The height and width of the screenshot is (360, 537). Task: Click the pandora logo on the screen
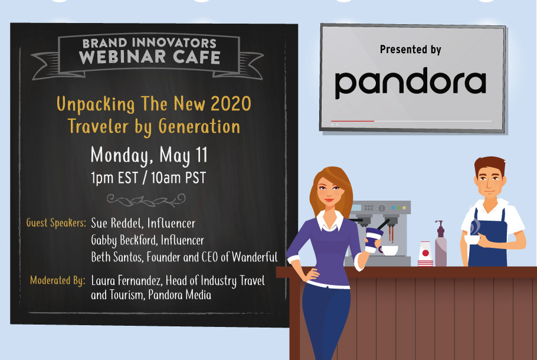point(410,83)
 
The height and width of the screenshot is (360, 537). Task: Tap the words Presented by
point(410,50)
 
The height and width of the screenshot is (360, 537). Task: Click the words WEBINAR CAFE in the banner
point(150,57)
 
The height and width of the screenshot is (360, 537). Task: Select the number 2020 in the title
point(231,103)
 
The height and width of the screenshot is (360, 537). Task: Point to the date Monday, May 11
point(149,155)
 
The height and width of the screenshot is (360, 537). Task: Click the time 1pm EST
point(114,178)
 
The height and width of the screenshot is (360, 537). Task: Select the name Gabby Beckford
point(123,240)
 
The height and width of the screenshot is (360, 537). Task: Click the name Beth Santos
point(116,257)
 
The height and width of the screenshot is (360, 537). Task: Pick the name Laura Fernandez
point(126,280)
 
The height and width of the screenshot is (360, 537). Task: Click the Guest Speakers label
point(56,222)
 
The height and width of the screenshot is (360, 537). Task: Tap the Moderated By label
point(58,280)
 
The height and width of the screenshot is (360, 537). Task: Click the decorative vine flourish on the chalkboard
point(146,200)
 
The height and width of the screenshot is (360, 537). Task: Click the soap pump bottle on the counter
point(441,244)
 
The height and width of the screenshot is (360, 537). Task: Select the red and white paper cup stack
point(425,254)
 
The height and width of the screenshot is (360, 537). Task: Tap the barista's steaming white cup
point(473,239)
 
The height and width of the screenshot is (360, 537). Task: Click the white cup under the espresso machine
point(389,250)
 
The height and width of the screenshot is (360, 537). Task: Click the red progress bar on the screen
point(353,121)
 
